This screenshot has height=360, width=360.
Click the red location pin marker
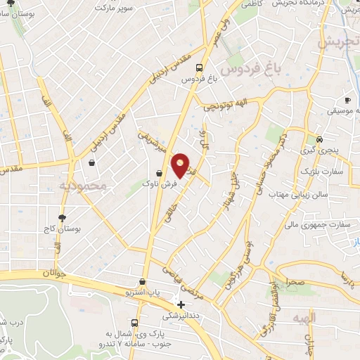click(181, 166)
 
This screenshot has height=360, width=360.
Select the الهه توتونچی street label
click(227, 105)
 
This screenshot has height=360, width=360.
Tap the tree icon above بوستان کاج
click(62, 218)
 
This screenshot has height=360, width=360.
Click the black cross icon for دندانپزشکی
click(181, 305)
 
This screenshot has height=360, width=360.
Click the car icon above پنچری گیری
click(320, 139)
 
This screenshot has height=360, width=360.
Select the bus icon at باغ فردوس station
click(200, 68)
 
